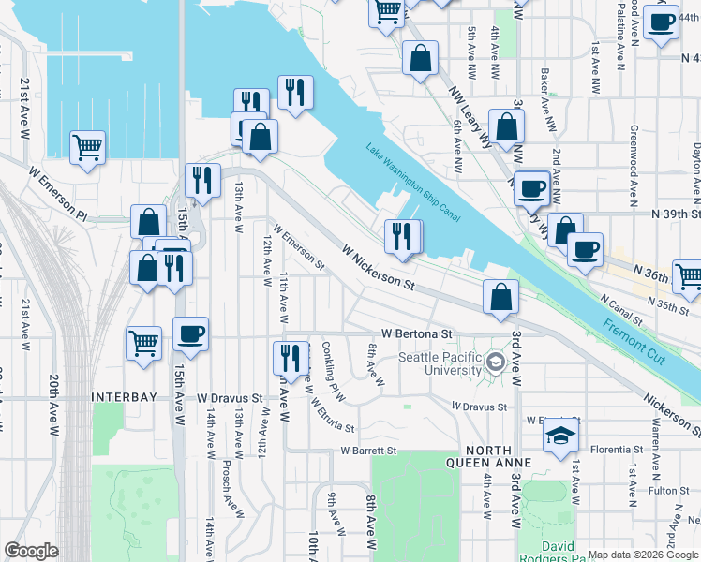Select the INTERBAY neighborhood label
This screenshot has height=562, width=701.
pyautogui.click(x=122, y=397)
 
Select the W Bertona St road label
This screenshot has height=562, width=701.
pyautogui.click(x=416, y=333)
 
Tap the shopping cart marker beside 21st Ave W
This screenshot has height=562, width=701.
pyautogui.click(x=87, y=146)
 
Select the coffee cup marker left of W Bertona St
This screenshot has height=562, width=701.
pyautogui.click(x=191, y=334)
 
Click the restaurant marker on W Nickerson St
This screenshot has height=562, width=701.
pyautogui.click(x=403, y=236)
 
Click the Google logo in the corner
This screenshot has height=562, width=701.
pyautogui.click(x=32, y=551)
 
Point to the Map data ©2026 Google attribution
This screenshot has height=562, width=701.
pyautogui.click(x=642, y=555)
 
